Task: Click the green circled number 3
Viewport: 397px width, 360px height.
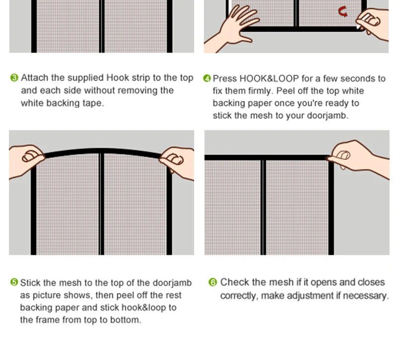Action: [14, 78]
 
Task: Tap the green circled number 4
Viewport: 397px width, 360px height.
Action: [207, 78]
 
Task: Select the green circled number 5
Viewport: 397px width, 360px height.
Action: [14, 283]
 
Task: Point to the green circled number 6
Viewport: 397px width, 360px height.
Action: [213, 282]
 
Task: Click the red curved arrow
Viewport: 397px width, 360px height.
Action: [343, 11]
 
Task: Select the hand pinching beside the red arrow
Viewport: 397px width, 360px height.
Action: [372, 22]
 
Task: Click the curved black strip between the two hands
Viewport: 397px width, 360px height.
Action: [102, 151]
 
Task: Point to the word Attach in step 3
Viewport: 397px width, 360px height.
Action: [35, 78]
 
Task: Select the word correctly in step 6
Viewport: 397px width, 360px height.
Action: [238, 295]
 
